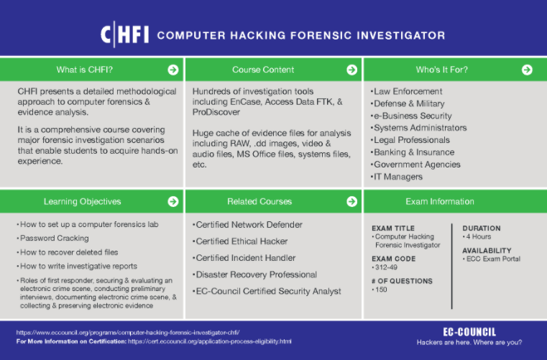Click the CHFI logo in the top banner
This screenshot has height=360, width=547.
[x=124, y=34]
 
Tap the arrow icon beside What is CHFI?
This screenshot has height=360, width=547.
[x=173, y=70]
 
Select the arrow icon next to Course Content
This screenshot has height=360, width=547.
[x=351, y=70]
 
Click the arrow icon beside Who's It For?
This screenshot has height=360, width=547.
[x=527, y=70]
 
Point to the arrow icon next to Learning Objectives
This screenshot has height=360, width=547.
[x=173, y=202]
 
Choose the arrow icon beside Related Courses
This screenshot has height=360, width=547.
[x=351, y=202]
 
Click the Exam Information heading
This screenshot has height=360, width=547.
[x=439, y=202]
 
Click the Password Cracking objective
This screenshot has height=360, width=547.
[x=54, y=238]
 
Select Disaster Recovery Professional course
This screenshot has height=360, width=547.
[x=257, y=274]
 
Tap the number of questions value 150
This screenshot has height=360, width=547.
[x=380, y=290]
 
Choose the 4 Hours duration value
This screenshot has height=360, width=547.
[x=479, y=237]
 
